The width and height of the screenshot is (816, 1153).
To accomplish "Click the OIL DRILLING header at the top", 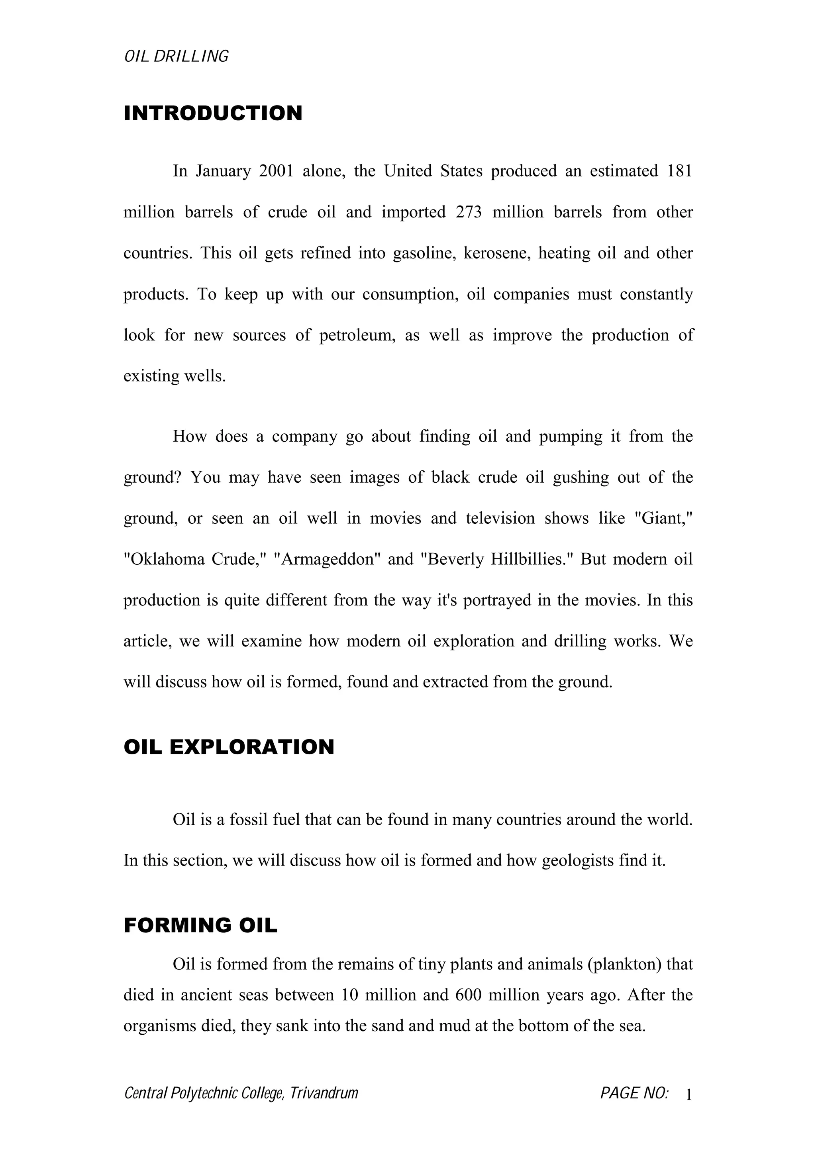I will pyautogui.click(x=176, y=56).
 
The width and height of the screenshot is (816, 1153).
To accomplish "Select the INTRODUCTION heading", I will pyautogui.click(x=213, y=114).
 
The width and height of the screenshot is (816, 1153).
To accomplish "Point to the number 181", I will pyautogui.click(x=679, y=171).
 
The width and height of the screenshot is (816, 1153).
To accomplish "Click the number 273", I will pyautogui.click(x=469, y=212).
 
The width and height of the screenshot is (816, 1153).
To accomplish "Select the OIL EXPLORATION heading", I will pyautogui.click(x=229, y=747).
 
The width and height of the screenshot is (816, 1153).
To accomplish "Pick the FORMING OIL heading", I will pyautogui.click(x=200, y=926).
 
